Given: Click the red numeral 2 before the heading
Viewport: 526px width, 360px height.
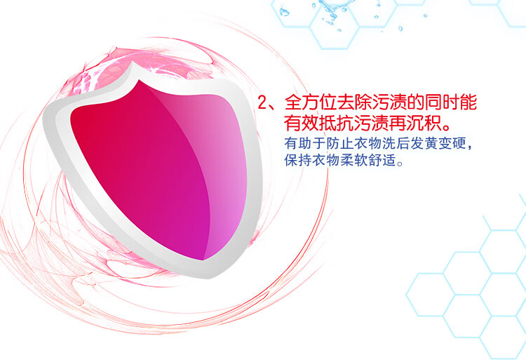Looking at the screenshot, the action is (262, 102).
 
